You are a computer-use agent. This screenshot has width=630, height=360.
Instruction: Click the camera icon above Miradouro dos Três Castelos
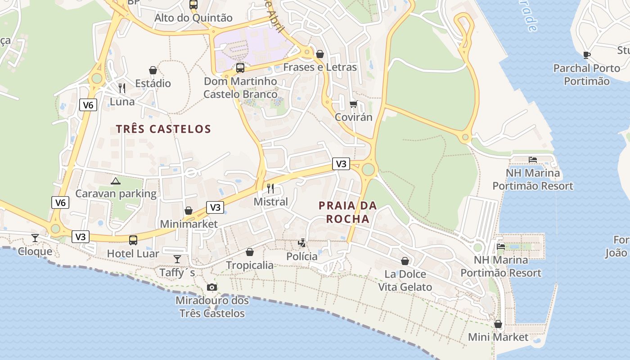click(x=211, y=287)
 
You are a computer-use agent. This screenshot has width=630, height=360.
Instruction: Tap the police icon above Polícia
click(x=302, y=243)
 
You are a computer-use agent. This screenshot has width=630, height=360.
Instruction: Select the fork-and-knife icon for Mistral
click(x=270, y=188)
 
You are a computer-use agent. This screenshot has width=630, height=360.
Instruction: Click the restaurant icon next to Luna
click(x=122, y=88)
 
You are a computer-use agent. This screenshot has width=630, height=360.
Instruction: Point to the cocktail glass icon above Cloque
click(x=35, y=238)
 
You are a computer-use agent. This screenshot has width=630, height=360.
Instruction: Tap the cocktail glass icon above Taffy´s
click(x=177, y=259)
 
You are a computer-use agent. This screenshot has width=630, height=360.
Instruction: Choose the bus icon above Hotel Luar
click(x=133, y=240)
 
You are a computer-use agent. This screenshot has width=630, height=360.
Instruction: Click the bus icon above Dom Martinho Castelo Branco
click(x=240, y=68)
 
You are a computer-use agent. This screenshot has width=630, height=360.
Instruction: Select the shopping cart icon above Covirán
click(x=354, y=104)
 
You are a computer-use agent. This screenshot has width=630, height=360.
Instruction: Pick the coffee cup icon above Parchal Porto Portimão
click(x=586, y=55)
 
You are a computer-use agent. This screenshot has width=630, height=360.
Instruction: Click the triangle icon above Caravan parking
click(x=116, y=181)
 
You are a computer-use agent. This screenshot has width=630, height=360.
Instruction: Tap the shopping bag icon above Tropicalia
click(x=250, y=252)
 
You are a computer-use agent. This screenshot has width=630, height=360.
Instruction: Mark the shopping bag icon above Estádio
click(x=153, y=70)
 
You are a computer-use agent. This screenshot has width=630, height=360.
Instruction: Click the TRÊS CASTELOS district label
click(x=163, y=129)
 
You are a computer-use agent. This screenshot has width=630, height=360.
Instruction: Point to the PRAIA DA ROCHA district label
click(x=347, y=212)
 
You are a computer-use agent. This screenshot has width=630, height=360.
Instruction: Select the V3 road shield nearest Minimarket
click(x=215, y=207)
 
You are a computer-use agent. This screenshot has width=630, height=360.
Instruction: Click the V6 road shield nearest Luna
click(x=88, y=105)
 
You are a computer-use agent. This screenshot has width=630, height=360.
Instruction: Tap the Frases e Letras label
click(x=320, y=67)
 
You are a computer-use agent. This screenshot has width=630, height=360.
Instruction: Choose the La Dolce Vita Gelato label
click(x=405, y=280)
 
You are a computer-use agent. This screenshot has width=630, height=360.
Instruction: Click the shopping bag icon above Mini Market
click(x=498, y=324)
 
